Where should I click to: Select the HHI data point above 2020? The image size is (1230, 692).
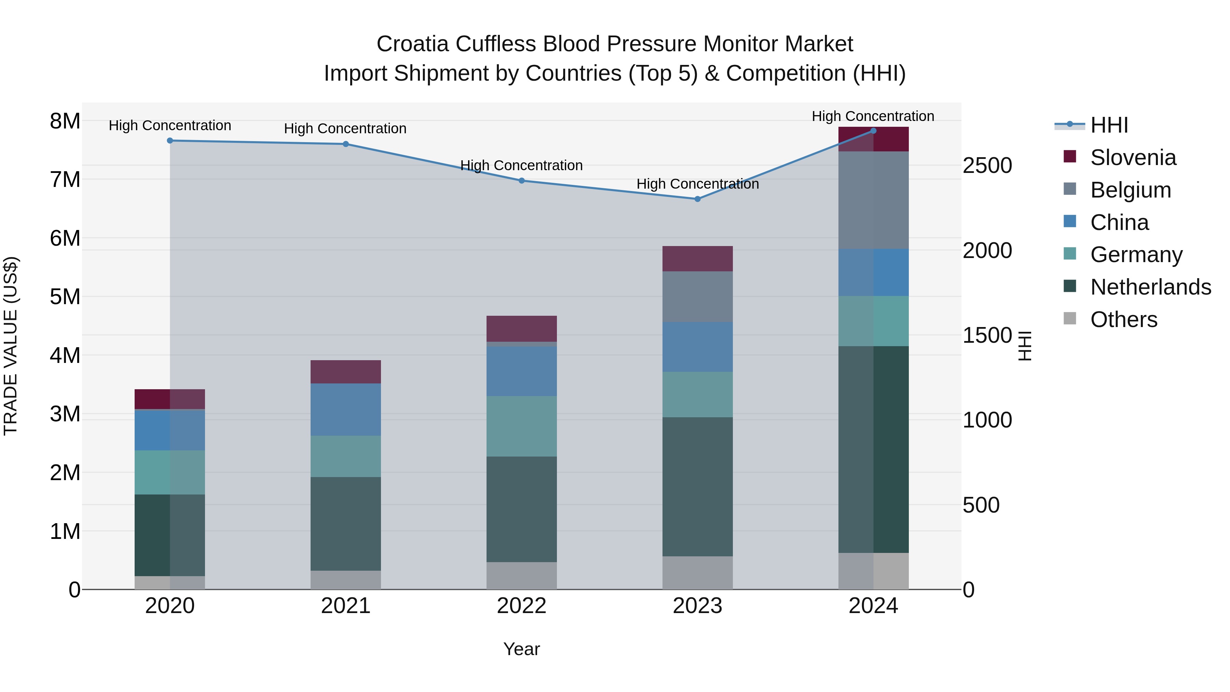click(x=170, y=140)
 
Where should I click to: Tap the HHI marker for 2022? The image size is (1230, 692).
click(x=521, y=180)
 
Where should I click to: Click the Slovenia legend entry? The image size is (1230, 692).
click(x=1133, y=158)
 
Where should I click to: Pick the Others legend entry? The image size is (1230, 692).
click(x=1123, y=320)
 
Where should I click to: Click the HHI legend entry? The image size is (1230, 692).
click(x=1109, y=125)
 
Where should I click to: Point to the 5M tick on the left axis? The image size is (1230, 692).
click(x=65, y=297)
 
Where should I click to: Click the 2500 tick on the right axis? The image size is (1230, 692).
click(x=987, y=166)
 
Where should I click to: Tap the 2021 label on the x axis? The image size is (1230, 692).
click(x=346, y=606)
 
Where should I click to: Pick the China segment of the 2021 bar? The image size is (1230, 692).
click(x=346, y=409)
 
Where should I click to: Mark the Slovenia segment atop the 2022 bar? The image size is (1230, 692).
click(x=521, y=328)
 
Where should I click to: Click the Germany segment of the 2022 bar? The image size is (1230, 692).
click(x=521, y=426)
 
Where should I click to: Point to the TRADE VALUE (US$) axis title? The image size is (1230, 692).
click(x=11, y=346)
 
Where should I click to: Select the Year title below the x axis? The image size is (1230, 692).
click(x=521, y=649)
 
